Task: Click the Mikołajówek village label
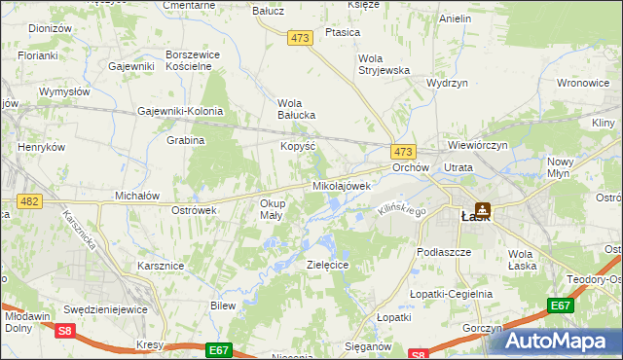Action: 341,185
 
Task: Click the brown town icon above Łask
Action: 482,207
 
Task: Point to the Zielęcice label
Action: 327,265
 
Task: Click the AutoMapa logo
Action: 561,340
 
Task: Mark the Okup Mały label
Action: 272,209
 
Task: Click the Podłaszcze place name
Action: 443,251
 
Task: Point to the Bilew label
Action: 223,306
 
